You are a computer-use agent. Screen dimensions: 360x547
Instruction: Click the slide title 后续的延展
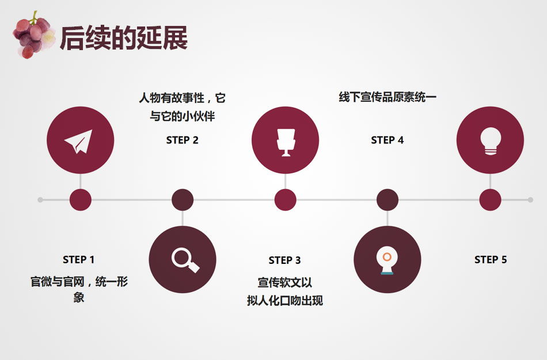[x=124, y=38]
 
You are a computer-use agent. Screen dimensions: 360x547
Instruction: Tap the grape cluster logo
[x=33, y=35]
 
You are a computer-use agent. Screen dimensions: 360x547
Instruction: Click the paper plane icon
[x=80, y=141]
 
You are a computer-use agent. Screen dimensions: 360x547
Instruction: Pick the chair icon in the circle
[x=285, y=141]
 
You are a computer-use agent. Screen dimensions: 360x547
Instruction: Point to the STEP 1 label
[x=79, y=260]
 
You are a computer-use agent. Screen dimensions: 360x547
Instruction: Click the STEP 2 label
[x=183, y=140]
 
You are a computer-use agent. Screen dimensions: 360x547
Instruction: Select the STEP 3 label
[x=285, y=260]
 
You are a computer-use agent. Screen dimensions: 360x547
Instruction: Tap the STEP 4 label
[x=388, y=140]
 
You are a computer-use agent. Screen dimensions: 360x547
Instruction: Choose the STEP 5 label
[x=491, y=260]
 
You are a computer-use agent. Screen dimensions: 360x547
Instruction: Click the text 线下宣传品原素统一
[x=388, y=97]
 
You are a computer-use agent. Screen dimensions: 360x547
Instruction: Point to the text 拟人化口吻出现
[x=285, y=301]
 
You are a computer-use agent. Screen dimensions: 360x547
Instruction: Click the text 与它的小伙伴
[x=183, y=116]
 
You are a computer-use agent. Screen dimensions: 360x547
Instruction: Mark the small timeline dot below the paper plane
[x=81, y=200]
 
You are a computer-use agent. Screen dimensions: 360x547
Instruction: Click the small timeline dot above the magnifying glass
[x=183, y=200]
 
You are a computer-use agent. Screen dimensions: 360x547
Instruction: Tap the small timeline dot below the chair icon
[x=285, y=200]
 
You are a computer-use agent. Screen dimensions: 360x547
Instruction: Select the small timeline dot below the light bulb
[x=490, y=200]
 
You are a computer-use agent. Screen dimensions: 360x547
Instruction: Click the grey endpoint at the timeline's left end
[x=40, y=200]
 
